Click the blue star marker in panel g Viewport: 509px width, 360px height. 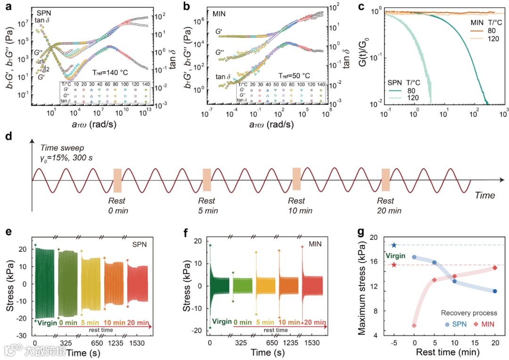(394, 245)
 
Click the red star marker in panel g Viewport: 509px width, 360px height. (394, 264)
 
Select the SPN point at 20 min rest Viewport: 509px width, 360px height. (495, 291)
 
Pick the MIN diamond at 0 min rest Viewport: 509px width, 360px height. (414, 325)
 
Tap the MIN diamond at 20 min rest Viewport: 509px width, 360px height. (495, 268)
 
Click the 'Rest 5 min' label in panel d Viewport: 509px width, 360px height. (207, 205)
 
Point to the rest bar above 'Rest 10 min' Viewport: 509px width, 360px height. (296, 179)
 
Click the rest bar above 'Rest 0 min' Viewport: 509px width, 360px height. (117, 180)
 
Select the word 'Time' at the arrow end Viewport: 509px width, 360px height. (484, 195)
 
